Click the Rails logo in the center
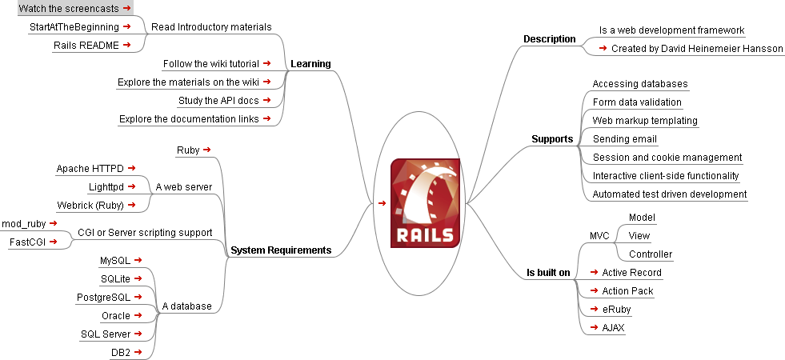click(425, 203)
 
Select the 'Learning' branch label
click(310, 64)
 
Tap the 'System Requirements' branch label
click(280, 250)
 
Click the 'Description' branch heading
click(549, 39)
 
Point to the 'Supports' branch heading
click(552, 139)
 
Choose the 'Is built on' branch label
click(548, 273)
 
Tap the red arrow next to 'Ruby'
click(207, 149)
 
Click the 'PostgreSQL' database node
click(103, 298)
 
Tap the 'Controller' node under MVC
click(650, 254)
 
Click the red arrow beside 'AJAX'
click(593, 327)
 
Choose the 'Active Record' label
click(631, 273)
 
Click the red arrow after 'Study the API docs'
click(266, 100)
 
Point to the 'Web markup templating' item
click(645, 121)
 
